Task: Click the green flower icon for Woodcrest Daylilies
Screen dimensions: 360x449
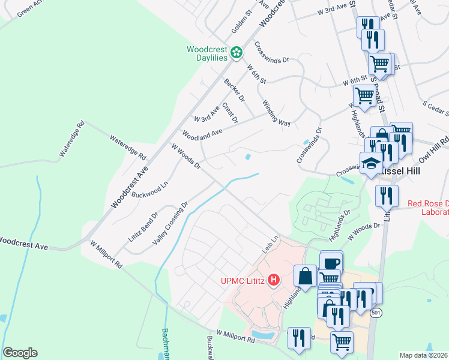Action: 237,53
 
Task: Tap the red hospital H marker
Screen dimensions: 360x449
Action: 274,280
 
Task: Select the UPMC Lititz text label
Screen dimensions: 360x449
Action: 242,280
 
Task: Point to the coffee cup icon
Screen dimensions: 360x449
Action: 331,262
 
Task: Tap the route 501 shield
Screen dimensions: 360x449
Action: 376,313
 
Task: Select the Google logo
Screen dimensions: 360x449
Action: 20,353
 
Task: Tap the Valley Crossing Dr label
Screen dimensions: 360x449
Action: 170,223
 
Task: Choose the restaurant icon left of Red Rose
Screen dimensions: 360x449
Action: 387,196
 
